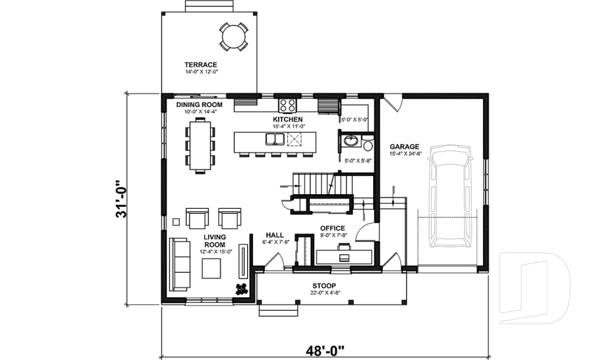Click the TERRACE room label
pos(201,65)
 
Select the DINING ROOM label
pos(199,104)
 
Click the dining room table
pos(200,146)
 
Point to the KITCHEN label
pos(288,119)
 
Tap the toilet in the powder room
pos(368,146)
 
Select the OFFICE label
pos(332,228)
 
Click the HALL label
pos(274,234)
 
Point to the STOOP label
pos(324,285)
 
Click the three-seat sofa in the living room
pos(180,264)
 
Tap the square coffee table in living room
pos(211,268)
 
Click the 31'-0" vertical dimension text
pos(122,199)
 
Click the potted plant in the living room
pos(241,289)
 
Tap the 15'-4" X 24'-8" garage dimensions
pos(405,153)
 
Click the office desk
pos(344,256)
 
